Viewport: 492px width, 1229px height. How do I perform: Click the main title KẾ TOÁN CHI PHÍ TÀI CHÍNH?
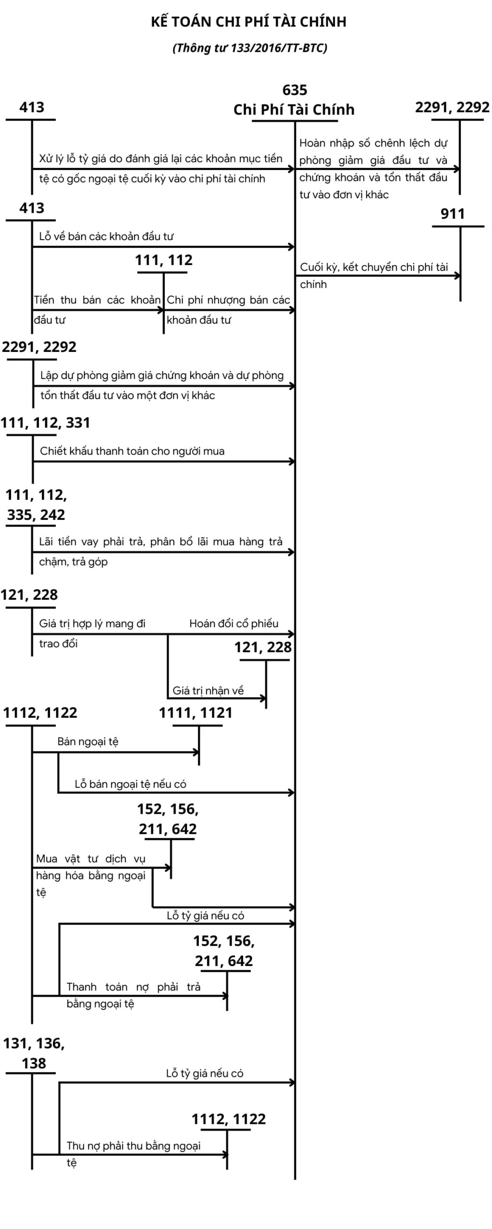[x=248, y=22]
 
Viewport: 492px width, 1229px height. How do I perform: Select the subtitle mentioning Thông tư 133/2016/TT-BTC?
[x=250, y=48]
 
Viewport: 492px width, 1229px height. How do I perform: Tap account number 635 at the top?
[x=295, y=90]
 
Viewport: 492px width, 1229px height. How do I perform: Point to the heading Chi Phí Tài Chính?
[x=294, y=110]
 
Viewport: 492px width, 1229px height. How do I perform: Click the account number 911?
[x=453, y=214]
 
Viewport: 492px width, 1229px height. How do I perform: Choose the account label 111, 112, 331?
[x=45, y=422]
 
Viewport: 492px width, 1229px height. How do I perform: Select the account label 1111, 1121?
[x=196, y=713]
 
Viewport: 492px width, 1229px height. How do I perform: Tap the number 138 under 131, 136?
[x=34, y=1063]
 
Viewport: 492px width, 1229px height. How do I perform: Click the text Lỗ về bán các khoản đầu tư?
[x=106, y=236]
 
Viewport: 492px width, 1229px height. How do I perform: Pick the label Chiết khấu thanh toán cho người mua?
[x=132, y=451]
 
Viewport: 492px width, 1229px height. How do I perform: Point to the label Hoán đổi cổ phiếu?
[x=234, y=623]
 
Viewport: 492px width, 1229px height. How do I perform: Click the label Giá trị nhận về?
[x=208, y=690]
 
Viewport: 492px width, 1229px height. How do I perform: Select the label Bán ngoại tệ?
[x=88, y=741]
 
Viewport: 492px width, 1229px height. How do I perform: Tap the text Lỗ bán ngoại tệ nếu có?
[x=130, y=784]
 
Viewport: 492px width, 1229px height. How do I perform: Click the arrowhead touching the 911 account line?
[x=457, y=276]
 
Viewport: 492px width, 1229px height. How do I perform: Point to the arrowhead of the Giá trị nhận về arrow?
[x=263, y=697]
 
